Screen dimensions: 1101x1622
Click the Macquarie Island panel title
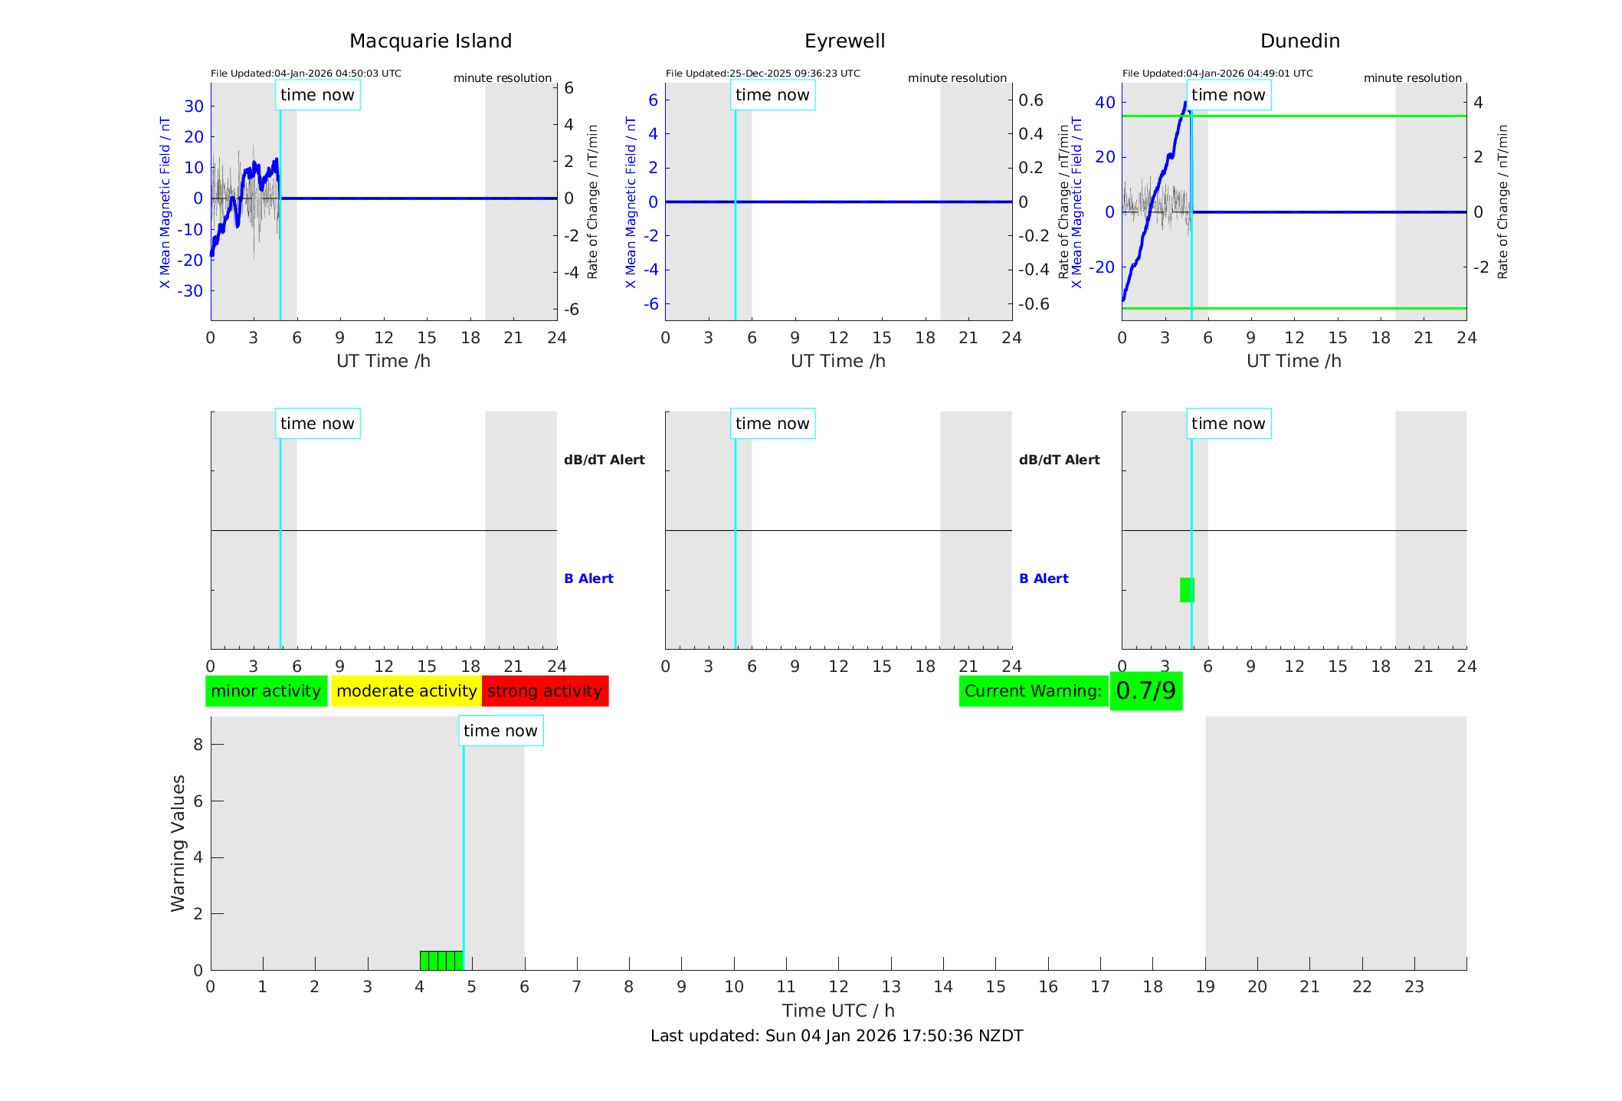[x=430, y=41]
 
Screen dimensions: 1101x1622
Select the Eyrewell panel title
[x=844, y=41]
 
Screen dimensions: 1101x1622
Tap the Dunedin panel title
[x=1299, y=41]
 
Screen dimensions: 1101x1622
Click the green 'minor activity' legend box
[x=266, y=691]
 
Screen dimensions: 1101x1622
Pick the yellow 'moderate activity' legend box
[x=406, y=691]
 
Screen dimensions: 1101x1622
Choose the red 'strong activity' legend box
[x=545, y=691]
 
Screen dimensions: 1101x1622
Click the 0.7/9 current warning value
[x=1145, y=691]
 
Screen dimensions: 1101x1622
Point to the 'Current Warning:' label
[x=1033, y=691]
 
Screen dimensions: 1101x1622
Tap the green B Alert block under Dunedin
[x=1186, y=590]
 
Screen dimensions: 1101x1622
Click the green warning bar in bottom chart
[x=441, y=960]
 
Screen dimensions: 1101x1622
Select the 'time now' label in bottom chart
[x=500, y=731]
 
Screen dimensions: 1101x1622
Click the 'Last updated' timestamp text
[x=837, y=1036]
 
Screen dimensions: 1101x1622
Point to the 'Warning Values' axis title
[x=179, y=843]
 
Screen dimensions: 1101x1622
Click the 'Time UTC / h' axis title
[x=838, y=1011]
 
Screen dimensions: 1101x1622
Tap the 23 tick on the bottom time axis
[x=1414, y=987]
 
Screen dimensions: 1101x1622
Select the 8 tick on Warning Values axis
[x=198, y=745]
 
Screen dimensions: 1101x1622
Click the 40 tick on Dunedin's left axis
[x=1105, y=103]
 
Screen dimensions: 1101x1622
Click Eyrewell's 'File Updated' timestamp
[x=762, y=74]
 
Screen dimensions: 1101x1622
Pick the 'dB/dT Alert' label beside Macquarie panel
[x=604, y=460]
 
